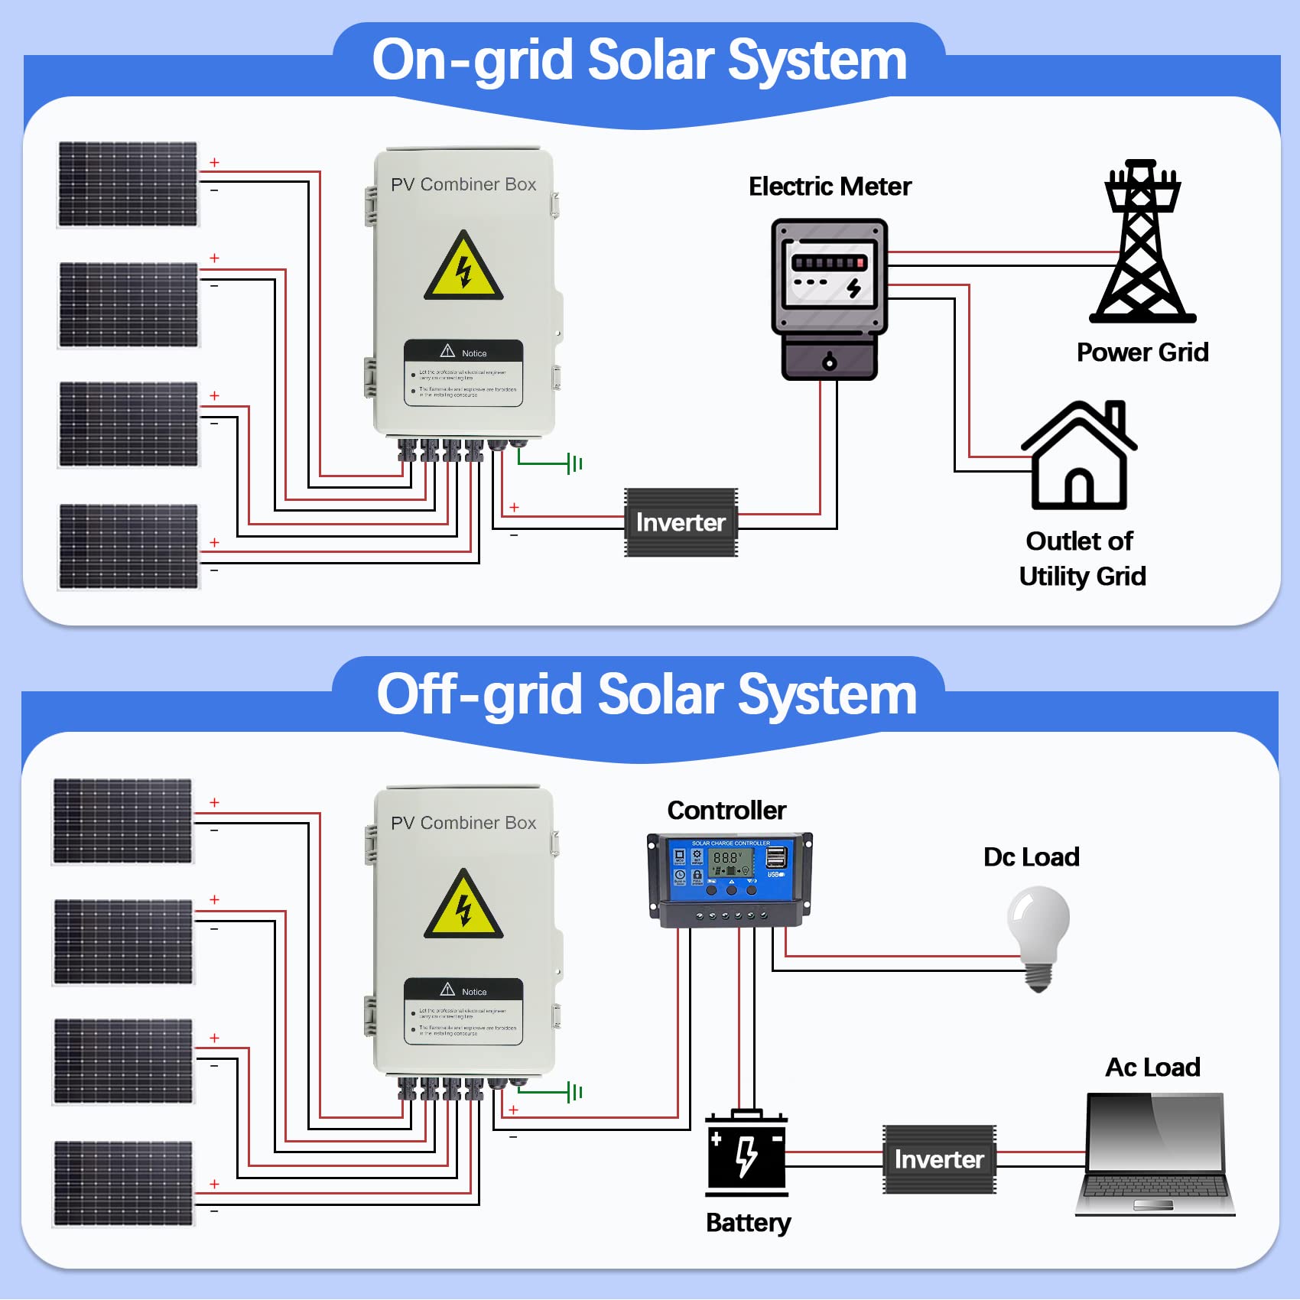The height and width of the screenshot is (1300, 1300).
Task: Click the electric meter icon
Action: (x=830, y=298)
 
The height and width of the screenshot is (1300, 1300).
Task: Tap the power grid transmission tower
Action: (x=1142, y=243)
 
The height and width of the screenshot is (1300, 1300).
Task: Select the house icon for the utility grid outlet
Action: (x=1079, y=457)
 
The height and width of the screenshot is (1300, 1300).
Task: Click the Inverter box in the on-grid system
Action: (x=681, y=522)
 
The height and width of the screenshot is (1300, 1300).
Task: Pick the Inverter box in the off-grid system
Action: (x=939, y=1159)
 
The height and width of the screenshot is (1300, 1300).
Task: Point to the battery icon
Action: (x=746, y=1153)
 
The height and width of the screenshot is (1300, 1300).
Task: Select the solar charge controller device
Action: (x=730, y=879)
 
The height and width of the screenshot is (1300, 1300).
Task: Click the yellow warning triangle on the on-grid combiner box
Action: (x=463, y=268)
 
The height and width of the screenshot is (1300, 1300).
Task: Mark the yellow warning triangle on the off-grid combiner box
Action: (x=463, y=906)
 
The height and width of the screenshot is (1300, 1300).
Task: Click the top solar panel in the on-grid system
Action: (x=128, y=184)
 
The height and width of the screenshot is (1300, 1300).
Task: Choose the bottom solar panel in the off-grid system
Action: (x=123, y=1184)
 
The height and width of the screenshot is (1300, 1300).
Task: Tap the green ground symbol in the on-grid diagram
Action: (x=574, y=463)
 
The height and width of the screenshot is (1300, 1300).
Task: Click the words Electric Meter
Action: (x=830, y=187)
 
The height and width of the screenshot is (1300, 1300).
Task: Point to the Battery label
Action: (x=748, y=1223)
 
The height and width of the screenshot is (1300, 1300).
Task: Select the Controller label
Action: (x=726, y=811)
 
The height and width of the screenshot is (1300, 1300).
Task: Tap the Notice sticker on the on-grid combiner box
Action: (x=463, y=372)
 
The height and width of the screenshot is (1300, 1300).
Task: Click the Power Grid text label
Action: (x=1142, y=353)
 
